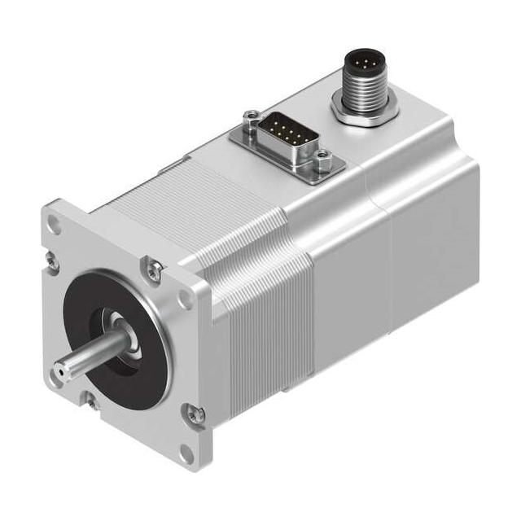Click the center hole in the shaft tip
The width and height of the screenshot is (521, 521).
(60, 371)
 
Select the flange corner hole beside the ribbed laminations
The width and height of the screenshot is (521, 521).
(186, 298)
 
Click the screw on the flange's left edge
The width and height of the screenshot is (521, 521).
(52, 260)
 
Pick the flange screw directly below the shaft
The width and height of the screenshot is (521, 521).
(92, 400)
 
